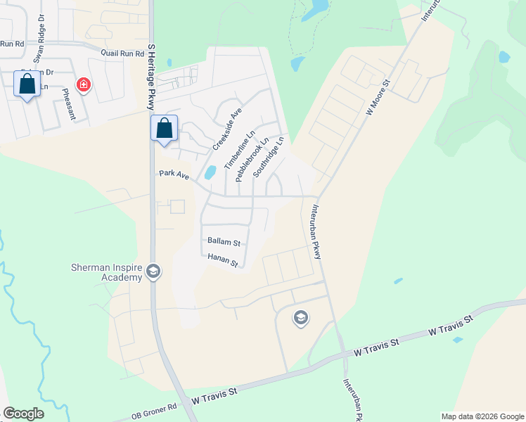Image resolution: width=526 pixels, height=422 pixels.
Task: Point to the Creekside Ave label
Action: click(x=227, y=129)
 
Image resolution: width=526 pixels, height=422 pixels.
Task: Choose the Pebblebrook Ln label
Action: click(x=252, y=159)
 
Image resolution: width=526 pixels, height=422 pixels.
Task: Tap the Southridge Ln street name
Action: click(x=269, y=155)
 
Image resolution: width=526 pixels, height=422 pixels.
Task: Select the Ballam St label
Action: click(x=224, y=241)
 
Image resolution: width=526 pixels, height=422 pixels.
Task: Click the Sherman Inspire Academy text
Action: click(x=107, y=272)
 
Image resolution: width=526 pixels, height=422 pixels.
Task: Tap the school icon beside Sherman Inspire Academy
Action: click(x=154, y=273)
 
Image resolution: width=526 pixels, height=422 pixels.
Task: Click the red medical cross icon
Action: click(x=84, y=85)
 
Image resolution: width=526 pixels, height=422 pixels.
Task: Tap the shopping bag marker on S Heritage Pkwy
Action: click(x=164, y=128)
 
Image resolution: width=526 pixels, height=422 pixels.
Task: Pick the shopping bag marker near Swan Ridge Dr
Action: click(x=27, y=84)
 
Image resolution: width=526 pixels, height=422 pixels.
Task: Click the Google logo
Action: click(x=23, y=414)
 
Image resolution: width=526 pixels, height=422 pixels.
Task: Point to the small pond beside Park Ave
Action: click(x=210, y=172)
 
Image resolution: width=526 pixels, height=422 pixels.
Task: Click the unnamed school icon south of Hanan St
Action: click(x=301, y=319)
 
